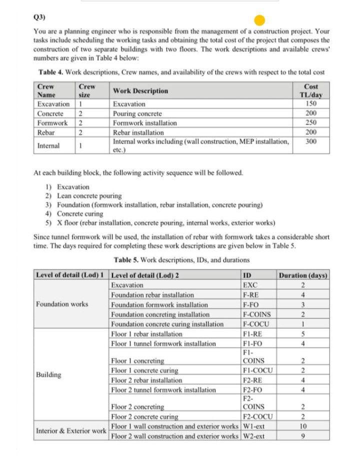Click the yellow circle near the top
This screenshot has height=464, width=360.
click(x=260, y=21)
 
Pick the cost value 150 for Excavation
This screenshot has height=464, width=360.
click(x=311, y=104)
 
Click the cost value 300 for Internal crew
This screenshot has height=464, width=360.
click(x=311, y=142)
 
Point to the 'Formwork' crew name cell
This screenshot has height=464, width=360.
click(x=52, y=123)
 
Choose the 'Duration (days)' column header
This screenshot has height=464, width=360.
click(x=303, y=275)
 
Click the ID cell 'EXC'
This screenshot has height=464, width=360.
click(x=250, y=285)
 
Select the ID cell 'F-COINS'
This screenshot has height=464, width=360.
click(x=256, y=314)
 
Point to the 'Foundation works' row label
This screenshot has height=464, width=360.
click(x=62, y=304)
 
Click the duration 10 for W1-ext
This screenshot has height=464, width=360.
click(x=302, y=426)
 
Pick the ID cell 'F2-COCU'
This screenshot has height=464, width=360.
click(x=257, y=417)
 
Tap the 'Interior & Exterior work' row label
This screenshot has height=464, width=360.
click(x=71, y=431)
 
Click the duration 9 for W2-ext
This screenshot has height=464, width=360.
click(x=302, y=436)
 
